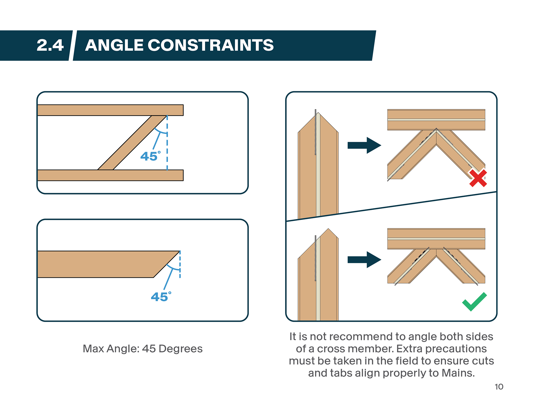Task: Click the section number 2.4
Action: pyautogui.click(x=50, y=45)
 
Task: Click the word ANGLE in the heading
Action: pyautogui.click(x=114, y=45)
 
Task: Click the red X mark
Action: pyautogui.click(x=478, y=178)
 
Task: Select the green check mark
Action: pyautogui.click(x=474, y=302)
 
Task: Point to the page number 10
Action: pyautogui.click(x=499, y=387)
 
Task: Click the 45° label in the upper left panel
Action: pyautogui.click(x=150, y=156)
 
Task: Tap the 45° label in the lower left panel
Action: pyautogui.click(x=161, y=297)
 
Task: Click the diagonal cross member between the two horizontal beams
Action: pyautogui.click(x=132, y=142)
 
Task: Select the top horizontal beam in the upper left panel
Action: pyautogui.click(x=110, y=110)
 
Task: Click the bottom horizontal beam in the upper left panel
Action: pyautogui.click(x=110, y=175)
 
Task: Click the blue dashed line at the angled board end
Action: pyautogui.click(x=180, y=264)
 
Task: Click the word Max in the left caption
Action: pyautogui.click(x=93, y=349)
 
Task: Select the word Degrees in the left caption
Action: pyautogui.click(x=181, y=349)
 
